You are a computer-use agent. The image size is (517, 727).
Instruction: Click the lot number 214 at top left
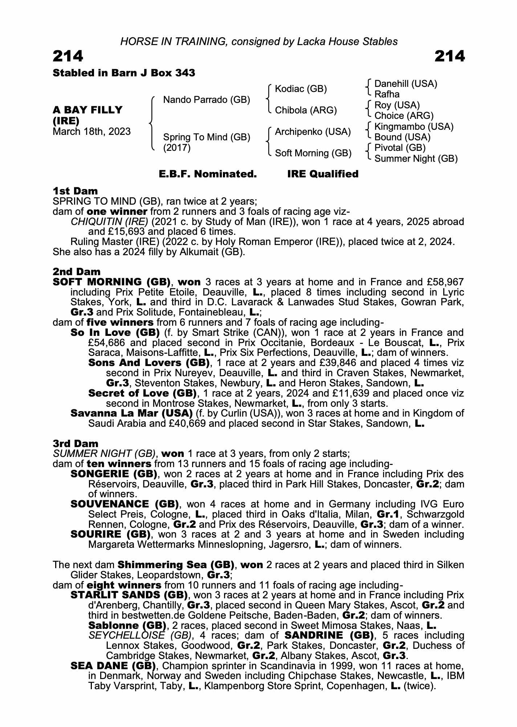68,56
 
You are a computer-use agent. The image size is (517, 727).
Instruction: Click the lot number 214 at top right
449,56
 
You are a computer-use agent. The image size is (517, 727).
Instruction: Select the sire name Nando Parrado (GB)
207,100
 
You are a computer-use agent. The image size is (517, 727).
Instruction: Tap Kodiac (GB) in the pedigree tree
301,89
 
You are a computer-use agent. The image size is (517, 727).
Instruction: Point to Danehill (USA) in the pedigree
406,84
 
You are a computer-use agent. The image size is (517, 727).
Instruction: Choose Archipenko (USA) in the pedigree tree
313,132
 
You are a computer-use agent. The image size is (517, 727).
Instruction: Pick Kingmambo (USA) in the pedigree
414,126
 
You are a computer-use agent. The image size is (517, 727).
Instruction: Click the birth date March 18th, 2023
92,132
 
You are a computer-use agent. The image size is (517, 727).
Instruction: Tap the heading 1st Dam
75,191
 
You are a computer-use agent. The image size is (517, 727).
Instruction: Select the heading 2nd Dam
77,272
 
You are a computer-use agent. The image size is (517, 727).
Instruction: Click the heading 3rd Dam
76,443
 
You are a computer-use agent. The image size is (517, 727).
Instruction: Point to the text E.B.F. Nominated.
208,174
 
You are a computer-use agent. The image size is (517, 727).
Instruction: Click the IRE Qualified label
323,174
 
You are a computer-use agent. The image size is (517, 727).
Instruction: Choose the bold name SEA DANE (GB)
113,666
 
